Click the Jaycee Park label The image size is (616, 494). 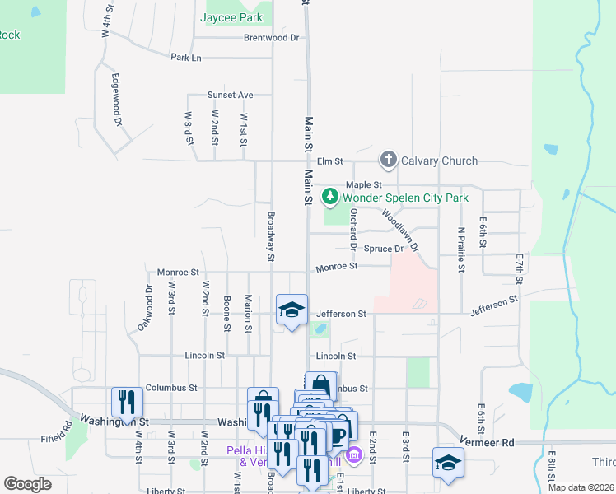tap(232, 16)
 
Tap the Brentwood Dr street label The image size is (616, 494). tap(271, 38)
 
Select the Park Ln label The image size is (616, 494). tap(185, 58)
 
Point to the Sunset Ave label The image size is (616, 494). tap(230, 95)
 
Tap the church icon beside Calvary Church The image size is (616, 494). tap(388, 161)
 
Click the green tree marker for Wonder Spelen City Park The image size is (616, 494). tap(330, 197)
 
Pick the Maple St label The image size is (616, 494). tap(364, 185)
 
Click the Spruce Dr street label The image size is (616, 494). tap(384, 249)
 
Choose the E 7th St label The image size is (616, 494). tap(520, 272)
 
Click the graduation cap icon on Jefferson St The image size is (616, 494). tap(292, 310)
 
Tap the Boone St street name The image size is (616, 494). tap(226, 314)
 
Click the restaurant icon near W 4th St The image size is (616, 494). tap(127, 402)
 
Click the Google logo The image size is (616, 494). tap(27, 484)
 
